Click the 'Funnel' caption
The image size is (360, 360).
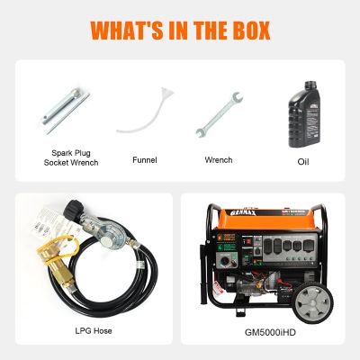144,159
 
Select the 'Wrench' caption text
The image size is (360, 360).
219,159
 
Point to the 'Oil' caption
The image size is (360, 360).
302,163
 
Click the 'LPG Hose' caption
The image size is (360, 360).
93,331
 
